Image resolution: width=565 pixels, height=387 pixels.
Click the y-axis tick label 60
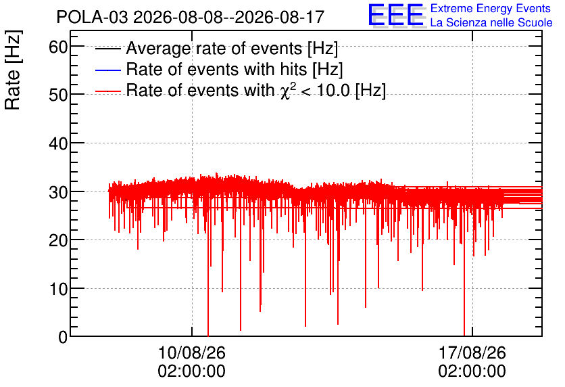click(x=58, y=47)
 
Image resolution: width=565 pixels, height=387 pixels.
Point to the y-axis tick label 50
click(x=58, y=95)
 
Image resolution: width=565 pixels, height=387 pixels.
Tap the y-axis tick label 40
click(x=58, y=144)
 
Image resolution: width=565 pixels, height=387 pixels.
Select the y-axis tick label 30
click(x=58, y=192)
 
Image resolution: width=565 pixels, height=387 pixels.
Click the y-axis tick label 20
click(x=58, y=241)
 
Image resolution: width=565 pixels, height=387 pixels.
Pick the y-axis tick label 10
click(x=58, y=289)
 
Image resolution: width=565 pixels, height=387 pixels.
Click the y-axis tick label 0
click(x=63, y=337)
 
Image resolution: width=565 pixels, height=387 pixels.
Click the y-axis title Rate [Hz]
click(x=13, y=70)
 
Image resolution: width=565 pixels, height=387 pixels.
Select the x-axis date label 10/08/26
click(x=192, y=352)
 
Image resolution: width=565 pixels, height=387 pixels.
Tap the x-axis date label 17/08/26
click(x=472, y=352)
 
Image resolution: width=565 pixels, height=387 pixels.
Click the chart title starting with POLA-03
click(x=191, y=17)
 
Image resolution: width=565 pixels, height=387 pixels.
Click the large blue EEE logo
click(x=396, y=16)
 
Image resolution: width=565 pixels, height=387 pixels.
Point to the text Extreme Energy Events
click(x=491, y=8)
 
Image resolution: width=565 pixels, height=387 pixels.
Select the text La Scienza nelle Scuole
click(x=491, y=23)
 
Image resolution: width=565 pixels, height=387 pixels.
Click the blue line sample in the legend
click(x=107, y=70)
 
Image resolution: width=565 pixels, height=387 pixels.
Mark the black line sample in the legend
click(x=107, y=49)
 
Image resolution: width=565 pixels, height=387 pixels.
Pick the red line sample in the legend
click(x=107, y=91)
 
